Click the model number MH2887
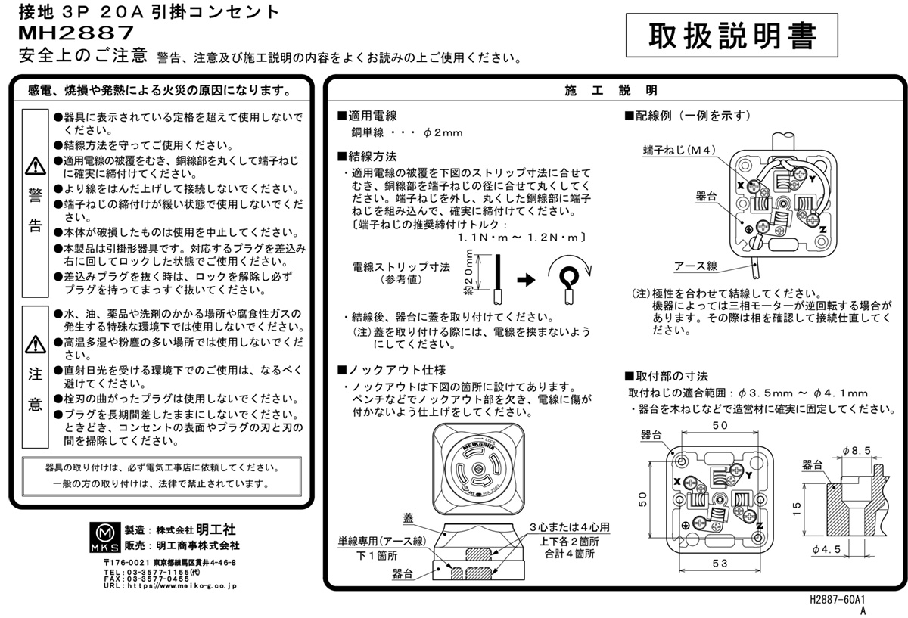point(76,33)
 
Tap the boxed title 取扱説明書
point(732,36)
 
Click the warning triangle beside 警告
point(36,166)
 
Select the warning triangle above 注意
point(36,344)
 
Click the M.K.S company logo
point(105,537)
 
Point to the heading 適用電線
point(367,116)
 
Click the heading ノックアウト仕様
point(392,370)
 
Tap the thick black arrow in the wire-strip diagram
point(526,279)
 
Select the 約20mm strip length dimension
point(469,272)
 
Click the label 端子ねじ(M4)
point(679,151)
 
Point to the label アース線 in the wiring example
point(695,266)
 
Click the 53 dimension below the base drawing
point(720,563)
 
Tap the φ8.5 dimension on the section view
point(857,451)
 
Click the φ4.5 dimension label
point(826,549)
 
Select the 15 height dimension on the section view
point(797,509)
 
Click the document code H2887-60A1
point(838,599)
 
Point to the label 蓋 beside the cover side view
point(408,518)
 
